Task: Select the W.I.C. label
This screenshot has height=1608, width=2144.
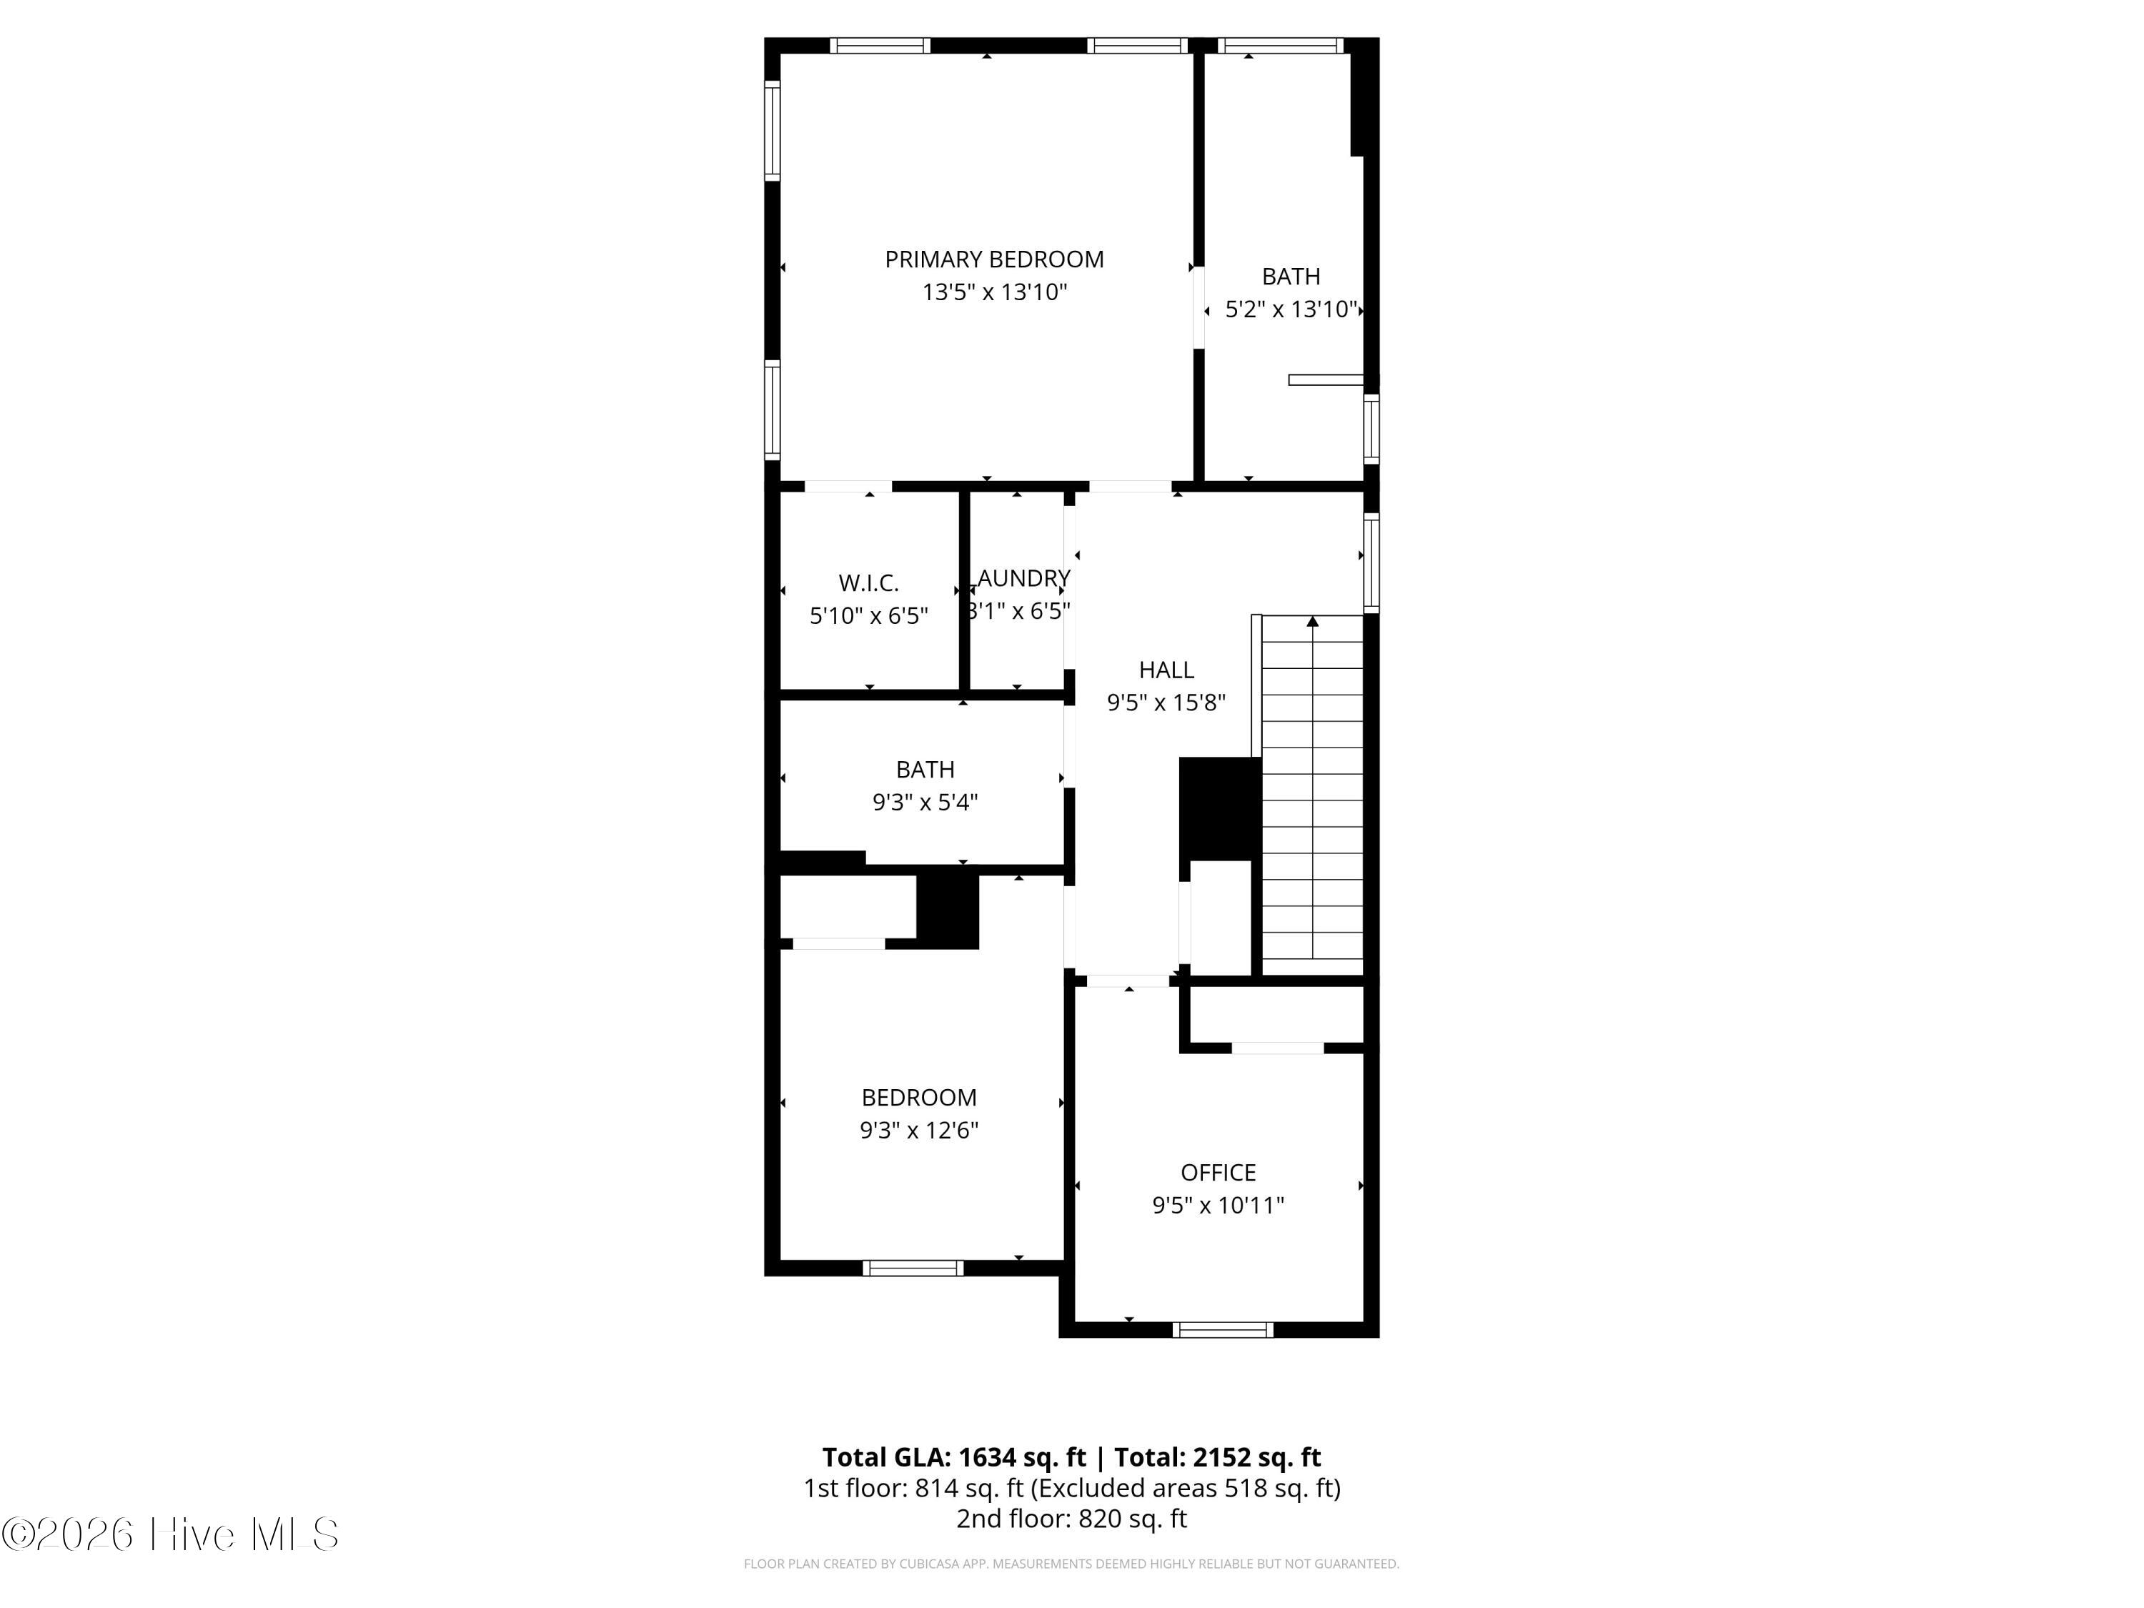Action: [868, 583]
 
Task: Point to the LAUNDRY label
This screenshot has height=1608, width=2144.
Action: [1023, 579]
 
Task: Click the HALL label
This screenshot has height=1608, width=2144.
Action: [1166, 670]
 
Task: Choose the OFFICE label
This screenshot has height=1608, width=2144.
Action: [1219, 1173]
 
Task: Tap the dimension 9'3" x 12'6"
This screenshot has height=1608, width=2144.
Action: [919, 1130]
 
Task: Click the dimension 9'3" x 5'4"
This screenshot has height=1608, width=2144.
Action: [925, 803]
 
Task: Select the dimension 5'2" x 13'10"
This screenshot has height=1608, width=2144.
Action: [1290, 309]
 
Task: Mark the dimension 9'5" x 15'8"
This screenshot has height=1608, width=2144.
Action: [1166, 703]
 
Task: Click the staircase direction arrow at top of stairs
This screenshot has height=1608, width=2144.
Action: [1312, 620]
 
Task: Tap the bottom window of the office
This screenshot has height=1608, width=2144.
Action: [1222, 1330]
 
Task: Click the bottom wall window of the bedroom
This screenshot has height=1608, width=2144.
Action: [913, 1268]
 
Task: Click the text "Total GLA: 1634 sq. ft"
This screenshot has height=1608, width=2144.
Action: [955, 1458]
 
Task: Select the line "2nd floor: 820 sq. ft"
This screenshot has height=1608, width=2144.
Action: [1071, 1519]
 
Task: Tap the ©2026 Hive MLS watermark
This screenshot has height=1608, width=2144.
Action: [171, 1534]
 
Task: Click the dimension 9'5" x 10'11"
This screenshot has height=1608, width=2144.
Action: [1219, 1206]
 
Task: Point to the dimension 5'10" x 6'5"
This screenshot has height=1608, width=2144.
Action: [868, 615]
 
